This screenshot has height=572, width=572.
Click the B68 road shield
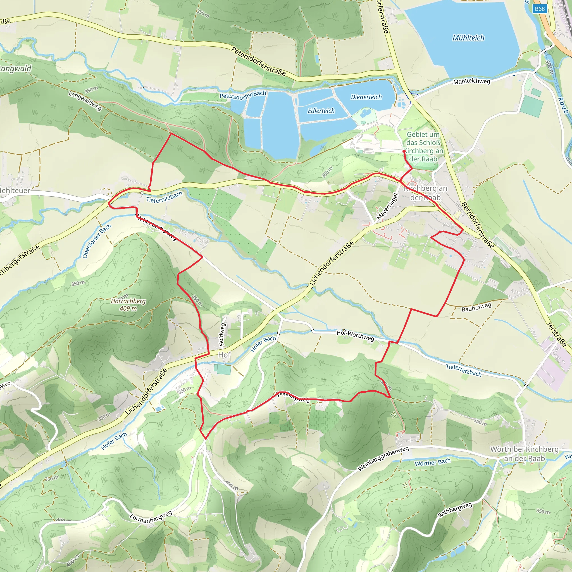[540, 9]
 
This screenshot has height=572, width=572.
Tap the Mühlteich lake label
[468, 38]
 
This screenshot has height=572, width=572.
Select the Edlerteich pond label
[321, 111]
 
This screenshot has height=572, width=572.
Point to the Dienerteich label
[366, 97]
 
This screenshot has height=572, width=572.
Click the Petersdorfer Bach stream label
[243, 95]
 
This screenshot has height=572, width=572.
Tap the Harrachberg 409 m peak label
[128, 305]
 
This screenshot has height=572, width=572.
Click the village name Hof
[224, 355]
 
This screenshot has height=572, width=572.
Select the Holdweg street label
[222, 335]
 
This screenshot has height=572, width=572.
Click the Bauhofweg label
[476, 307]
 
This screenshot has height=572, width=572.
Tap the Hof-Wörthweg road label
[355, 335]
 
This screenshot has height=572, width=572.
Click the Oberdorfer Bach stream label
[97, 241]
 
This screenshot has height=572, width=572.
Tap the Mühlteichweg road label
[472, 82]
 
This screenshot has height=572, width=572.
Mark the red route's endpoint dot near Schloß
[404, 151]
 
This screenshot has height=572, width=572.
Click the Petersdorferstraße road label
[258, 61]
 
